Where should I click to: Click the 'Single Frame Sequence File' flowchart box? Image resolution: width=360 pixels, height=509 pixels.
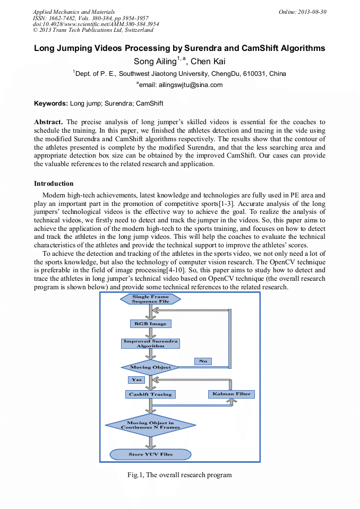coord(151,299)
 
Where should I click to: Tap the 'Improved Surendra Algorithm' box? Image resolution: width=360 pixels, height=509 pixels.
coord(151,343)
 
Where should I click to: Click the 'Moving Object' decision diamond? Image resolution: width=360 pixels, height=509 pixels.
coord(151,367)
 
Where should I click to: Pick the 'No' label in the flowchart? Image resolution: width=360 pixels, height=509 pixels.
coord(203,361)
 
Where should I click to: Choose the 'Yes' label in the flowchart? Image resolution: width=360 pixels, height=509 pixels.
coord(136,380)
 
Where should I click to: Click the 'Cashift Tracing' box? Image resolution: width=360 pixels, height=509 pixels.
coord(151,394)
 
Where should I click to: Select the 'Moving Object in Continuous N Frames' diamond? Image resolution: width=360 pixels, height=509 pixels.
coord(150,425)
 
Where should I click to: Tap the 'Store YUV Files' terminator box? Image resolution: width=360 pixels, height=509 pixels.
coord(150,454)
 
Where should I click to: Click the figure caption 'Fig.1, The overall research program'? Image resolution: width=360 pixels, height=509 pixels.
coord(179,475)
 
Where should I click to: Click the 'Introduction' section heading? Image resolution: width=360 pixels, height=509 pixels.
coord(54,184)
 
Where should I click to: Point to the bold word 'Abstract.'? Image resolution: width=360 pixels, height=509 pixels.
coord(49,122)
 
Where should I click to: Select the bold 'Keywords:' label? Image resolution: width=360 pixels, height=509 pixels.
coord(51,103)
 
